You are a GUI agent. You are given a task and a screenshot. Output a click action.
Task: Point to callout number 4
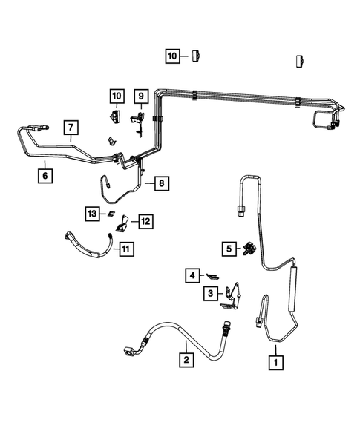pyautogui.click(x=192, y=276)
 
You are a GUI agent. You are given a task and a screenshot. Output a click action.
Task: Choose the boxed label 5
pyautogui.click(x=229, y=248)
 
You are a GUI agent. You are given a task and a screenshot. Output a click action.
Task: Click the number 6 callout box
pyautogui.click(x=46, y=177)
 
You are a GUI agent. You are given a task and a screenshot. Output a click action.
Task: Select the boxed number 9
pyautogui.click(x=140, y=96)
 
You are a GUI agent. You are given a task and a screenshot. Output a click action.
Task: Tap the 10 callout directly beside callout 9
pyautogui.click(x=117, y=96)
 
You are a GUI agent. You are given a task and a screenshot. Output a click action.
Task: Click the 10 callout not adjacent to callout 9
pyautogui.click(x=172, y=56)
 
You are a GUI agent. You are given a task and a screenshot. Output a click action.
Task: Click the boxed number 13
pyautogui.click(x=91, y=214)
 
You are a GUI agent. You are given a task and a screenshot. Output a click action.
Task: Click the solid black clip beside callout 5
pyautogui.click(x=249, y=249)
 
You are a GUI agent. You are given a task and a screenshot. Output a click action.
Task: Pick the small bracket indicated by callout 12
pyautogui.click(x=123, y=220)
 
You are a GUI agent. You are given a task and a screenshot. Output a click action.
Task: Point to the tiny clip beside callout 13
pyautogui.click(x=108, y=214)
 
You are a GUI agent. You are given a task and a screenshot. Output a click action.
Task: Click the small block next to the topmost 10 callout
pyautogui.click(x=197, y=56)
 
